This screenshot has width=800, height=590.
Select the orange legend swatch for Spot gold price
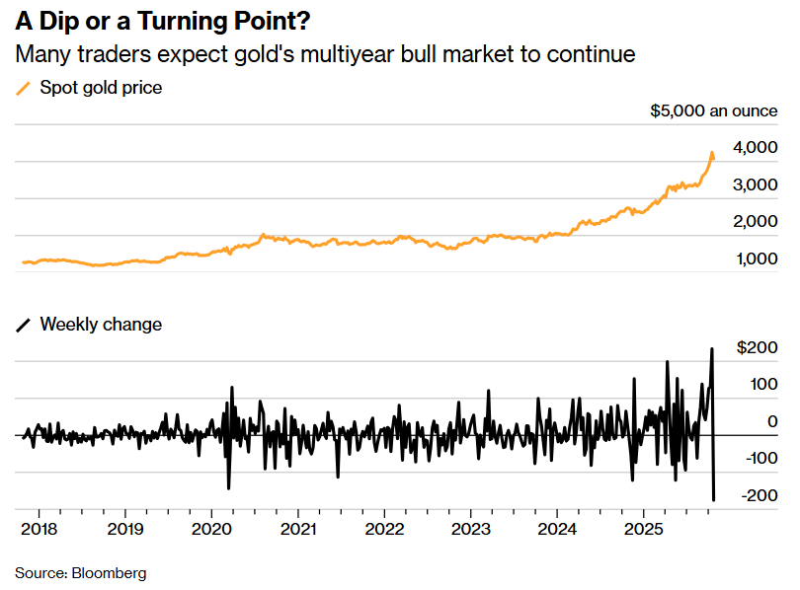coord(24,88)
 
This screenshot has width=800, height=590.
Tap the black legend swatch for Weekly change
coord(24,324)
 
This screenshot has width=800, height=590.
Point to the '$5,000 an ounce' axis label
coord(714,111)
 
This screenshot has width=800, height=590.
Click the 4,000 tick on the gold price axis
coord(756,148)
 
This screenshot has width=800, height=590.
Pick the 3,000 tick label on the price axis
coord(756,184)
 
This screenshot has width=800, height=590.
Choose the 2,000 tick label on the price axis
coord(756,222)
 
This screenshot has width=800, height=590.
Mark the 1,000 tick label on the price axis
coord(756,258)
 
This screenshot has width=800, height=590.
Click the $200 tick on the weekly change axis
coord(758,347)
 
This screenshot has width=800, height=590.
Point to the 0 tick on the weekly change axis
coord(771,421)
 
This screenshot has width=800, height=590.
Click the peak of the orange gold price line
coord(712,153)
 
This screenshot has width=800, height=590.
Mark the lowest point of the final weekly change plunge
coord(714,500)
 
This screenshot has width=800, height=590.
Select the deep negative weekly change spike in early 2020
coord(229,488)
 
